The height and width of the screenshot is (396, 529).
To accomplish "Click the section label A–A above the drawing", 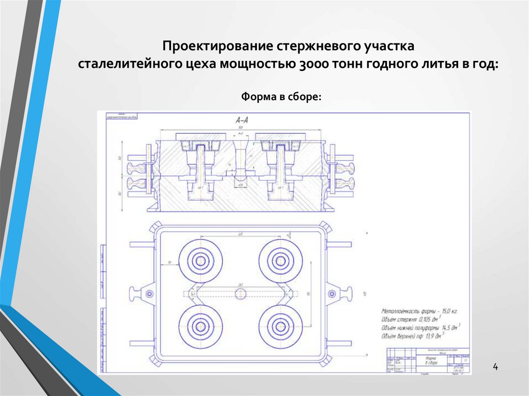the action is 242,120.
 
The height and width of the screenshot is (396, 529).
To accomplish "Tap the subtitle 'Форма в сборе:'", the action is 282,97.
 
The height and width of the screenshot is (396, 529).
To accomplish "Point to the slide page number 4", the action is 495,367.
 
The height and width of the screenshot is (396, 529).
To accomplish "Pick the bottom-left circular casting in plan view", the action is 200,327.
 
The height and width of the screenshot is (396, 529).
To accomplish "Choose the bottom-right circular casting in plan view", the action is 281,327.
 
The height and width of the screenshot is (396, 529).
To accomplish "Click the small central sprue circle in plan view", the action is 241,294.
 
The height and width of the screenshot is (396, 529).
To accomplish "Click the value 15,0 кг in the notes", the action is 446,311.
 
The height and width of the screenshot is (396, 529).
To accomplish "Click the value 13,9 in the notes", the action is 434,336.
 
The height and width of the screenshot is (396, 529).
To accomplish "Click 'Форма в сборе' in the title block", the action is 430,360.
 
